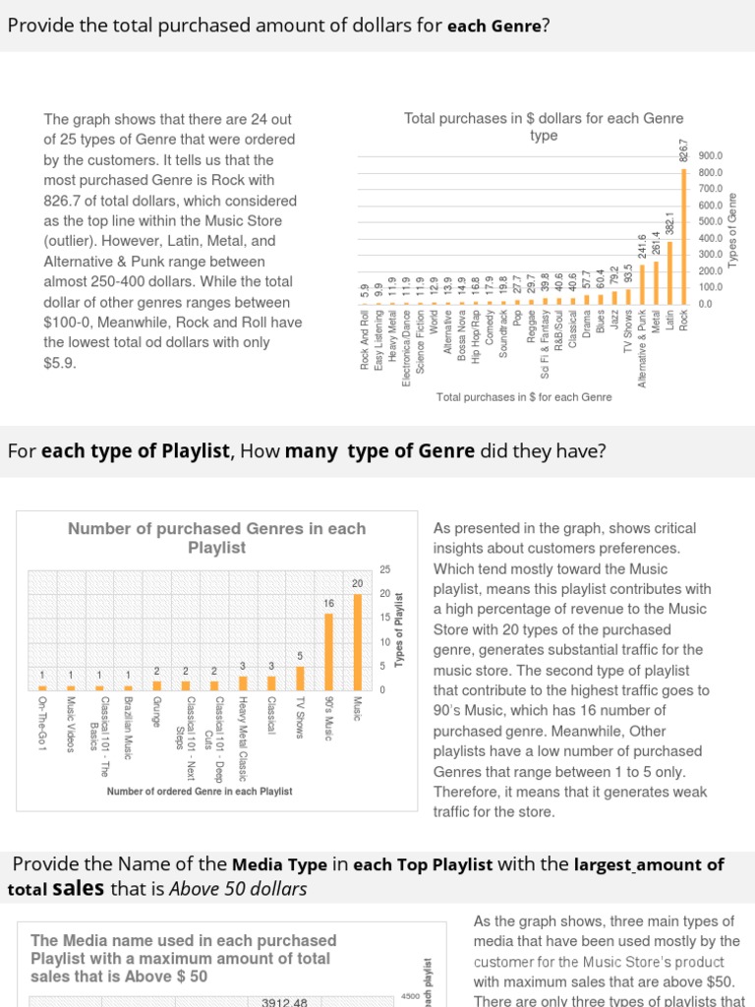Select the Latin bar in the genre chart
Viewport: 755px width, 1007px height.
point(670,272)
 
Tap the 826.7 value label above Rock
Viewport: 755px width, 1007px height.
point(684,151)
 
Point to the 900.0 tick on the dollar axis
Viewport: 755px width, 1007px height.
point(711,156)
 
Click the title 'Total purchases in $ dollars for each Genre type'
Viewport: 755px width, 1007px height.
point(544,127)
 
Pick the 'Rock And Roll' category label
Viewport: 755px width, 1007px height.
point(366,340)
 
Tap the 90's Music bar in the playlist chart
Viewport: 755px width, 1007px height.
point(329,651)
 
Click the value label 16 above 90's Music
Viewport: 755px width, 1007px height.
point(329,603)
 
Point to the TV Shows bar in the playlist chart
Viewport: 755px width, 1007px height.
point(301,678)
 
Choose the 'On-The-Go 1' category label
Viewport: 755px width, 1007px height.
point(42,724)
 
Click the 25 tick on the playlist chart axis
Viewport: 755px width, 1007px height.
point(385,569)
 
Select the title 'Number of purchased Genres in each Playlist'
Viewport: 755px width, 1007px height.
point(216,538)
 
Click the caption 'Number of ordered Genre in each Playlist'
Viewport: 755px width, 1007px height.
point(200,791)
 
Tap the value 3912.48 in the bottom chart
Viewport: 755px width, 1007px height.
point(285,1002)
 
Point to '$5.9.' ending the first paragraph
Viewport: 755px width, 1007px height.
point(59,363)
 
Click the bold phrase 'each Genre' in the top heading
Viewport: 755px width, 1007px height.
point(494,25)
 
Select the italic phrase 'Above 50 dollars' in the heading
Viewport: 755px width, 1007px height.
point(238,889)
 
